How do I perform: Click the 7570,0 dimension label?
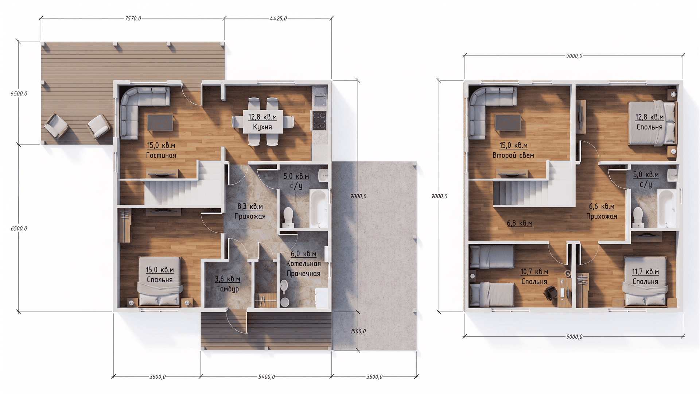pyautogui.click(x=133, y=19)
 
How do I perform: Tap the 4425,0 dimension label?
pyautogui.click(x=278, y=19)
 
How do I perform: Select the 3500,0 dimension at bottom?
pyautogui.click(x=374, y=377)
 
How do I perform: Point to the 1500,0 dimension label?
pyautogui.click(x=358, y=331)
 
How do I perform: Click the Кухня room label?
pyautogui.click(x=262, y=127)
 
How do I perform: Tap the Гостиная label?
pyautogui.click(x=161, y=155)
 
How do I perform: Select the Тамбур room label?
pyautogui.click(x=227, y=289)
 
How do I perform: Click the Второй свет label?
pyautogui.click(x=513, y=155)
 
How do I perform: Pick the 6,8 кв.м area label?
pyautogui.click(x=520, y=223)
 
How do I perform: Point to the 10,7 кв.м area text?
pyautogui.click(x=534, y=272)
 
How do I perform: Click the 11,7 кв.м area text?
pyautogui.click(x=645, y=272)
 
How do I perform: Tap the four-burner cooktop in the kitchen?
pyautogui.click(x=319, y=121)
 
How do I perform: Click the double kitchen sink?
pyautogui.click(x=320, y=96)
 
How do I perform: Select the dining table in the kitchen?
pyautogui.click(x=263, y=121)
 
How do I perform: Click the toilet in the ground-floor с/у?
pyautogui.click(x=288, y=217)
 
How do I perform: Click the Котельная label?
pyautogui.click(x=303, y=264)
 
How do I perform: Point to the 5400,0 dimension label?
pyautogui.click(x=267, y=377)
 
